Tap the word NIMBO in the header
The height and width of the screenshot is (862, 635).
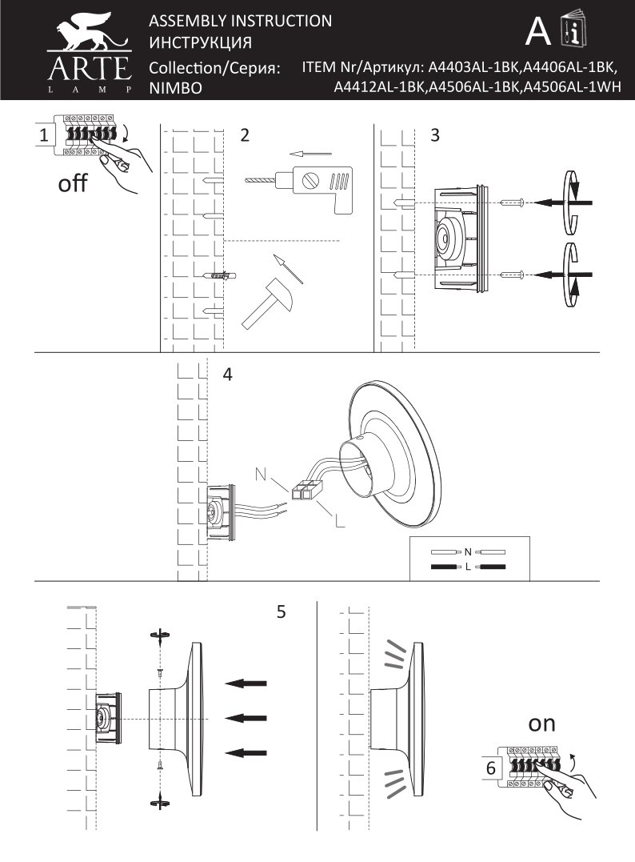coord(174,89)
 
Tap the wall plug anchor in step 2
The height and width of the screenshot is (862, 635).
coord(219,276)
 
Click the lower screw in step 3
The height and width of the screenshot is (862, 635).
coord(513,275)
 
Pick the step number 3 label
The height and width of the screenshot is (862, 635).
coord(434,135)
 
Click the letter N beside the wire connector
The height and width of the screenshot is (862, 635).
coord(262,473)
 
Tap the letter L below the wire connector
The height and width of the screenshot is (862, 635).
coord(339,522)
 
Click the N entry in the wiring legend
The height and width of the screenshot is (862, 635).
coord(469,551)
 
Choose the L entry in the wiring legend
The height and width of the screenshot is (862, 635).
coord(469,567)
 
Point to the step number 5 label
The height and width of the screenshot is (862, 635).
coord(281,612)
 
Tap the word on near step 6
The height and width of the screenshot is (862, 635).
coord(541,724)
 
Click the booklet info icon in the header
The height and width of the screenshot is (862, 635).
coord(574,31)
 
